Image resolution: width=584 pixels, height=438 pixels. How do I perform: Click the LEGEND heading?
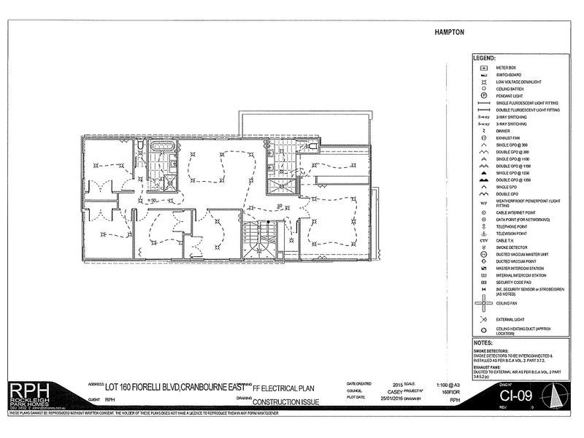pyautogui.click(x=485, y=57)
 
